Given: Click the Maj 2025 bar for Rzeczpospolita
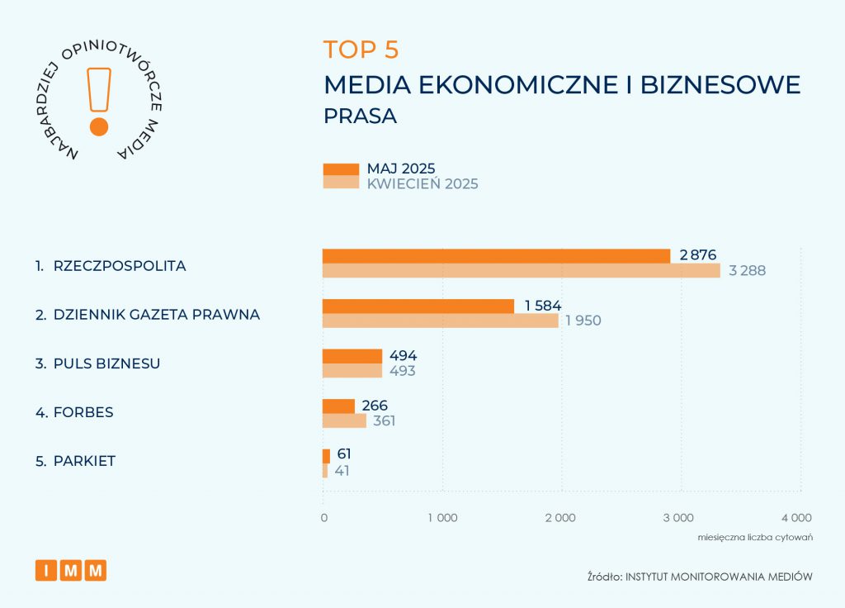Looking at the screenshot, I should pos(495,256).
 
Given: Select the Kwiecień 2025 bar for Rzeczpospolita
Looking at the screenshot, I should pos(520,270).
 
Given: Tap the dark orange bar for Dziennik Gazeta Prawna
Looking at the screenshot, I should pos(418,306).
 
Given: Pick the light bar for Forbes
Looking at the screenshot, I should pos(343,420).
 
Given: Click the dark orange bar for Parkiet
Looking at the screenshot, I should pos(326,456).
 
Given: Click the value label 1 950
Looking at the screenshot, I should pos(583,321).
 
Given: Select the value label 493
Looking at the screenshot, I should pos(402,371).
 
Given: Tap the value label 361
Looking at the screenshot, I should pos(383,420).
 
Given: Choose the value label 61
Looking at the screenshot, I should pos(344,454).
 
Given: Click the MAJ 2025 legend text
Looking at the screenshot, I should pos(401,169).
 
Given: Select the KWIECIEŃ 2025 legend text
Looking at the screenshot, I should pos(422,183).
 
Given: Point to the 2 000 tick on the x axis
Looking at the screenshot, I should pos(560,518).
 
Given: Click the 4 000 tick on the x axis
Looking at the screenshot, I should pos(795,518).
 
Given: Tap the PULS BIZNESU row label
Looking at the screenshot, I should pos(106,363).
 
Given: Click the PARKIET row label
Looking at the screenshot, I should pos(83,461).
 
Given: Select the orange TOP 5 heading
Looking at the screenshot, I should pos(361,50).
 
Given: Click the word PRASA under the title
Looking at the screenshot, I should pos(360,116).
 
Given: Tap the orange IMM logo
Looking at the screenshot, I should pos(71,570).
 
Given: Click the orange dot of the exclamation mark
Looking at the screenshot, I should pos(99,126).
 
